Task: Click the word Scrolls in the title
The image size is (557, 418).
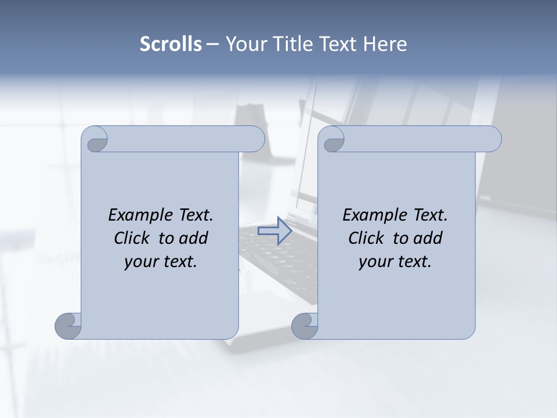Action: click(171, 44)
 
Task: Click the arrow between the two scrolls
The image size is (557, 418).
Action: click(274, 230)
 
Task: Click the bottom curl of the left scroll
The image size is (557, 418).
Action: click(68, 326)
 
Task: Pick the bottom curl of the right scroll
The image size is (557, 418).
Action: click(304, 326)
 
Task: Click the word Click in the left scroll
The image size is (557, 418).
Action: click(132, 238)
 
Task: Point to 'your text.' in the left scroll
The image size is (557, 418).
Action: click(161, 262)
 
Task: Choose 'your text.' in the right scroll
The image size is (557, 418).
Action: click(395, 262)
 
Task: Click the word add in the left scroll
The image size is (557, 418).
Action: click(194, 238)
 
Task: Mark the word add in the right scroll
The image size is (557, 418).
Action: click(429, 238)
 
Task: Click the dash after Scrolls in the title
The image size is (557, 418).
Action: click(212, 44)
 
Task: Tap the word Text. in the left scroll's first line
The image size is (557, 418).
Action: click(196, 215)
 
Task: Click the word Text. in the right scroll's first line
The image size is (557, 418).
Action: click(430, 215)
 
